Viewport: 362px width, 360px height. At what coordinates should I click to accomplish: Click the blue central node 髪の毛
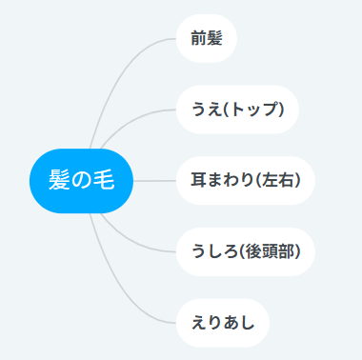click(x=81, y=181)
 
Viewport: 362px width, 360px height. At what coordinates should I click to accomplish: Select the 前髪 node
click(x=207, y=38)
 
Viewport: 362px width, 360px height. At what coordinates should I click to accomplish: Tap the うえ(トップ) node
click(x=237, y=110)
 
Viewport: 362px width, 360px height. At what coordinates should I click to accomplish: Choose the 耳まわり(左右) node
click(x=246, y=181)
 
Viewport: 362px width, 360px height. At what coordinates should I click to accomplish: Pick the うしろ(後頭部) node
click(x=246, y=251)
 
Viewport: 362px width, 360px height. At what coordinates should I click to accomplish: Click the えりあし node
click(x=223, y=323)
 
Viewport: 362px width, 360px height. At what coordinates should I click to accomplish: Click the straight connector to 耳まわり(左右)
click(x=154, y=181)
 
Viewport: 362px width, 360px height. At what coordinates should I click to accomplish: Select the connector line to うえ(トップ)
click(x=131, y=119)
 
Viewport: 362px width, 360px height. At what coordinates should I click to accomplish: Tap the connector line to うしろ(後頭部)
click(x=131, y=243)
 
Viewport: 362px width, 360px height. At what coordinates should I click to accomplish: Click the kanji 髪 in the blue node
click(x=59, y=180)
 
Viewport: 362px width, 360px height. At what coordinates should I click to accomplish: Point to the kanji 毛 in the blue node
click(x=104, y=180)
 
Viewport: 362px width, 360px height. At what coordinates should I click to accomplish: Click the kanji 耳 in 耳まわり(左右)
click(x=198, y=180)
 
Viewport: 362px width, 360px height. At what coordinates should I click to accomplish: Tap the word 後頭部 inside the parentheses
click(x=271, y=251)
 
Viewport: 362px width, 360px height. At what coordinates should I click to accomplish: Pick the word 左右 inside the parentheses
click(x=278, y=180)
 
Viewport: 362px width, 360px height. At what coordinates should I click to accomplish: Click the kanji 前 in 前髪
click(x=199, y=38)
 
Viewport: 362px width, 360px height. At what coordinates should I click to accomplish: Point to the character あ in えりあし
click(x=231, y=323)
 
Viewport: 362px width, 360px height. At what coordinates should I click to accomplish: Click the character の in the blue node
click(x=81, y=180)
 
